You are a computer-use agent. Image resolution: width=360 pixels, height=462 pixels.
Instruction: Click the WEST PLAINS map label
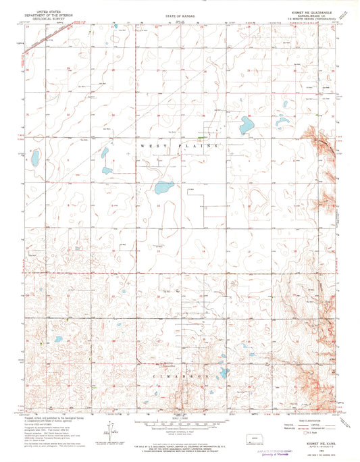(180, 146)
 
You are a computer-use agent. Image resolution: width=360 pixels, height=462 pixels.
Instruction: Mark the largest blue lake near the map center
(163, 187)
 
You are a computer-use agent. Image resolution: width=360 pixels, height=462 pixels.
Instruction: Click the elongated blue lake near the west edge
(34, 159)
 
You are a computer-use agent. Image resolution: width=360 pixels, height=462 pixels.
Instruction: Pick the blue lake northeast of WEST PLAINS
(247, 126)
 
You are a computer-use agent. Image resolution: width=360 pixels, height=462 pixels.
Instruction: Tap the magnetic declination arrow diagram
(109, 430)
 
